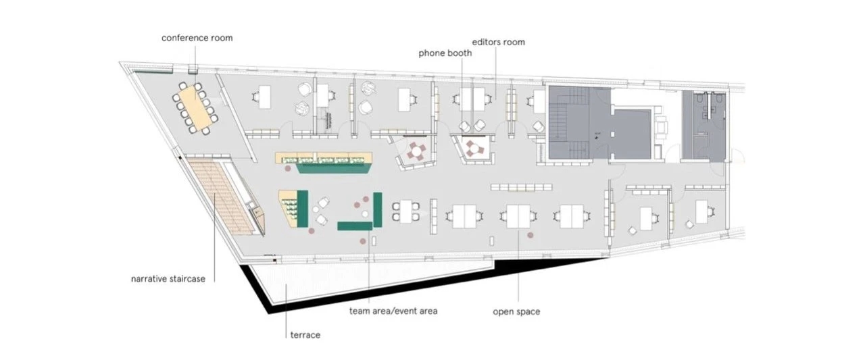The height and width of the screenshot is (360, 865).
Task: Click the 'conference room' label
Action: pyautogui.click(x=197, y=38)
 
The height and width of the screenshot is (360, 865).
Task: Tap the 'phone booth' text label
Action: pyautogui.click(x=445, y=53)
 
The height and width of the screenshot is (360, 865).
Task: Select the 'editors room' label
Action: pyautogui.click(x=499, y=42)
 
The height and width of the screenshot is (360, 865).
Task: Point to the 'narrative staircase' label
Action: pyautogui.click(x=168, y=278)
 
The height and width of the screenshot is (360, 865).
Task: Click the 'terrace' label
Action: pyautogui.click(x=305, y=335)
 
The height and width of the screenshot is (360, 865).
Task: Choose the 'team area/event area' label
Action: pyautogui.click(x=393, y=311)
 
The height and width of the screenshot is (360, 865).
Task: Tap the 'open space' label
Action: pyautogui.click(x=516, y=312)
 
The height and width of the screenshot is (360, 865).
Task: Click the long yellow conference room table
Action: pyautogui.click(x=195, y=107)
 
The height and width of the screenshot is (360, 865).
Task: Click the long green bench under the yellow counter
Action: pyautogui.click(x=335, y=168)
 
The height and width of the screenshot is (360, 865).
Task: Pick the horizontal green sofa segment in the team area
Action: pyautogui.click(x=355, y=226)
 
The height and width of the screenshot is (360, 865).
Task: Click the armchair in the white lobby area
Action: pyautogui.click(x=661, y=128)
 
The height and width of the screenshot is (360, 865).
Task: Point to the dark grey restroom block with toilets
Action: pyautogui.click(x=703, y=126)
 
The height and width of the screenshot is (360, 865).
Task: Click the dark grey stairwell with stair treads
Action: pyautogui.click(x=569, y=123)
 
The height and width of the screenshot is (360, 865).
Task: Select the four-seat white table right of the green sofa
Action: pyautogui.click(x=405, y=211)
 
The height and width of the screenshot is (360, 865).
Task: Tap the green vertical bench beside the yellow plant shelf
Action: pyautogui.click(x=302, y=208)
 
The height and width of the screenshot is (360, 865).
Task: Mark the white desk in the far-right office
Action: pyautogui.click(x=701, y=211)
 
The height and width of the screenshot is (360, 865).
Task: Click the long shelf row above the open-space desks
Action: pyautogui.click(x=521, y=188)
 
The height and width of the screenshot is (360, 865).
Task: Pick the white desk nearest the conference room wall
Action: pyautogui.click(x=265, y=97)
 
